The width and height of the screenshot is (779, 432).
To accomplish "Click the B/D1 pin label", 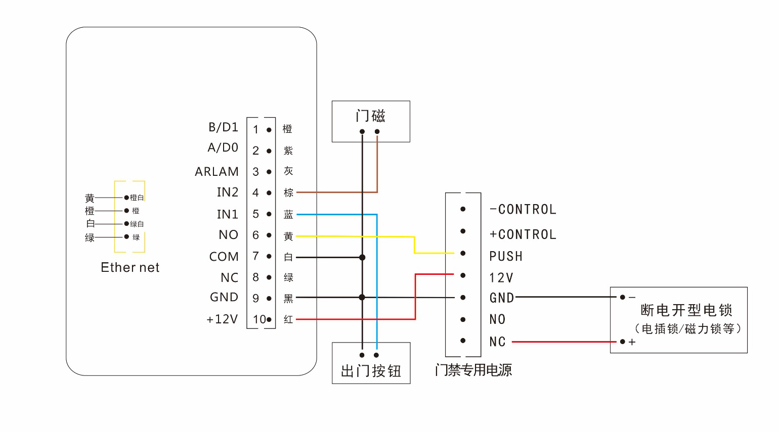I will pyautogui.click(x=223, y=127).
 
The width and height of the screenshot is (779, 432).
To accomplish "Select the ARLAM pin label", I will pyautogui.click(x=217, y=172).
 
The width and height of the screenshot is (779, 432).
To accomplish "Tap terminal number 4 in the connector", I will pyautogui.click(x=255, y=193).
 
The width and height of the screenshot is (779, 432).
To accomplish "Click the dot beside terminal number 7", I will pyautogui.click(x=269, y=257).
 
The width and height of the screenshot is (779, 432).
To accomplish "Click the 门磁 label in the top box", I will pyautogui.click(x=370, y=116).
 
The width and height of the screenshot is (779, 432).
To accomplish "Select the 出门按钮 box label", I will pyautogui.click(x=371, y=371).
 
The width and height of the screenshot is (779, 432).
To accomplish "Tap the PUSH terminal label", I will pyautogui.click(x=505, y=256).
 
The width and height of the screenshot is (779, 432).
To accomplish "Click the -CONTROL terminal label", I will pyautogui.click(x=523, y=209).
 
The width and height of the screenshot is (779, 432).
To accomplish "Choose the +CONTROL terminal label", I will pyautogui.click(x=523, y=234).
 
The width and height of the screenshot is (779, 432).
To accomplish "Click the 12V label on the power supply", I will pyautogui.click(x=501, y=278).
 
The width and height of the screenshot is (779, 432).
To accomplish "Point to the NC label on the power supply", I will pyautogui.click(x=497, y=342).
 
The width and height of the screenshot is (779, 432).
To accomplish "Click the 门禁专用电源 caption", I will pyautogui.click(x=473, y=370).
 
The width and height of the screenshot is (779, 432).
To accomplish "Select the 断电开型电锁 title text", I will pyautogui.click(x=686, y=310).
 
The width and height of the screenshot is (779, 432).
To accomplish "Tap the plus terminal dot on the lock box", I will pyautogui.click(x=622, y=342).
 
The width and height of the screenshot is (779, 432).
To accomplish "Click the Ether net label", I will pyautogui.click(x=130, y=267).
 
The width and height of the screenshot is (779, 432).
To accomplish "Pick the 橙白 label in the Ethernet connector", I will pyautogui.click(x=137, y=198).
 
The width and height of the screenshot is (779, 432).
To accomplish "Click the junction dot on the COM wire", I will pyautogui.click(x=362, y=257).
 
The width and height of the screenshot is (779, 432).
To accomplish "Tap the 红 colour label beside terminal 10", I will pyautogui.click(x=288, y=319).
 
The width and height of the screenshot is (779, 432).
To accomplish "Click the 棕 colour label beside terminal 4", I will pyautogui.click(x=288, y=193).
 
